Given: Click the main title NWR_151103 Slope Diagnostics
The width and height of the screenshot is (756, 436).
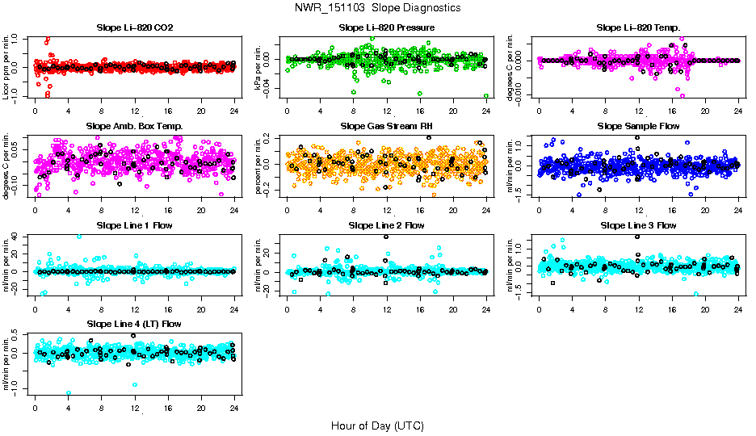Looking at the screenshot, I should click(x=377, y=7).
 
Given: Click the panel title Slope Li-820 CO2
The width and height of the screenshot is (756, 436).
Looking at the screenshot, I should click(x=134, y=28).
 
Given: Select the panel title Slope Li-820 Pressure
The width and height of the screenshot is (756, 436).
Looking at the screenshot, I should click(x=387, y=28).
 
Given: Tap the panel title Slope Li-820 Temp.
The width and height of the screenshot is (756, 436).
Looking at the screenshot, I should click(x=638, y=28).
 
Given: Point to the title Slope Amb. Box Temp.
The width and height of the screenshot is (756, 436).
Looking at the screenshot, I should click(x=134, y=127).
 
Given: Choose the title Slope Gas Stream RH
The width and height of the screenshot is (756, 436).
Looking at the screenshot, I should click(x=386, y=127).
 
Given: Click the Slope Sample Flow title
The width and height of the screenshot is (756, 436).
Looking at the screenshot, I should click(x=638, y=127).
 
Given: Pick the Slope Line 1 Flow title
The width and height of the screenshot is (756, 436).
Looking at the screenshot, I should click(x=134, y=225).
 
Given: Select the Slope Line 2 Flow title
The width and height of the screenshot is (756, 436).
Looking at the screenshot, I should click(x=386, y=225).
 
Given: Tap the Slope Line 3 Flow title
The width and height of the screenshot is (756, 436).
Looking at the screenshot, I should click(x=638, y=225).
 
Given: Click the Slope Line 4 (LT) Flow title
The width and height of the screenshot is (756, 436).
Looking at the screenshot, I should click(x=134, y=324).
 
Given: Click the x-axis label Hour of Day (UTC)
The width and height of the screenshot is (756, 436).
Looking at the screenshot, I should click(x=377, y=425).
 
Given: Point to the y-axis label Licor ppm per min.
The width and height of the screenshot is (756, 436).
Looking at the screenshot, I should click(x=7, y=68).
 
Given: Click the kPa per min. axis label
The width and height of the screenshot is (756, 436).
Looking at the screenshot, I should click(x=259, y=68).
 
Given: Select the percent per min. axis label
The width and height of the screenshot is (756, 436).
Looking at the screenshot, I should click(x=259, y=166).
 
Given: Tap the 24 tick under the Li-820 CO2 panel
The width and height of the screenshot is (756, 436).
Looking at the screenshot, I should click(x=234, y=111).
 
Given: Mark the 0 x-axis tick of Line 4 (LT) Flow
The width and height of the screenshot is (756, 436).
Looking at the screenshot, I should click(x=35, y=407).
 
